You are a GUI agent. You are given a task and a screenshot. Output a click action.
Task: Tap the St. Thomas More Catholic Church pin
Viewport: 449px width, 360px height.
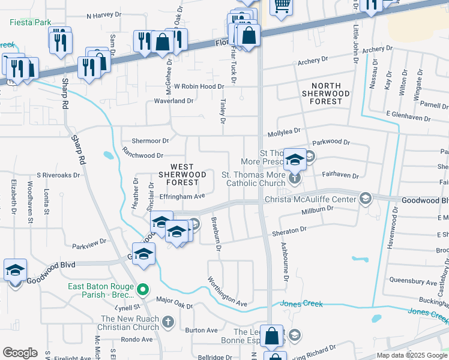coord(294,178)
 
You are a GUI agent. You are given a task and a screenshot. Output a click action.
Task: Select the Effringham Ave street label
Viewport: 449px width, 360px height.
coord(182,196)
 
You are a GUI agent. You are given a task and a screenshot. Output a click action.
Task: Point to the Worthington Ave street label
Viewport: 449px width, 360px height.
coord(228,292)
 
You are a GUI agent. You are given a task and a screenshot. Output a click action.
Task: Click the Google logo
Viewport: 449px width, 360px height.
coord(20,353)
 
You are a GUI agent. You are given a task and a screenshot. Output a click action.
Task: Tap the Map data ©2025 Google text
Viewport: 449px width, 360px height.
coord(412,355)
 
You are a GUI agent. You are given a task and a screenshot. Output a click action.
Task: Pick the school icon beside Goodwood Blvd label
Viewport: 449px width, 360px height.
coord(15,270)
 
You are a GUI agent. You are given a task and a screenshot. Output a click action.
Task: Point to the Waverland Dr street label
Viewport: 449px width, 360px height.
coord(173,101)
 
